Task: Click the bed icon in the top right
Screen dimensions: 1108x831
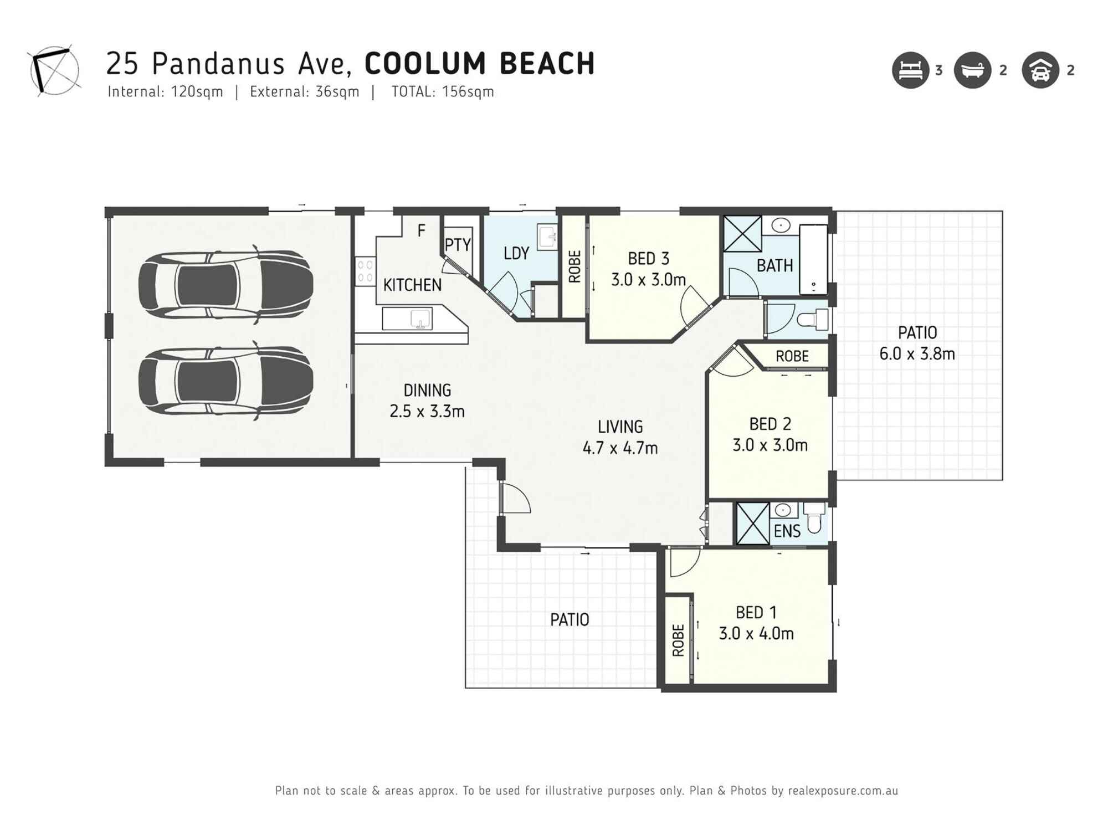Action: pyautogui.click(x=910, y=70)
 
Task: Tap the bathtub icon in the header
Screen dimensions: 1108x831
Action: pyautogui.click(x=972, y=70)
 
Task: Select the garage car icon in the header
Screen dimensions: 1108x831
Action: pyautogui.click(x=1040, y=70)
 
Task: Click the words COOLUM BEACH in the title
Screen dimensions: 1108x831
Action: pyautogui.click(x=480, y=64)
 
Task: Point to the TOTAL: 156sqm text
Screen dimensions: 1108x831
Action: pyautogui.click(x=443, y=92)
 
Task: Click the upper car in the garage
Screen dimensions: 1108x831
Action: pyautogui.click(x=225, y=285)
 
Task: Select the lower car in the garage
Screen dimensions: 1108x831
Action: pyautogui.click(x=225, y=381)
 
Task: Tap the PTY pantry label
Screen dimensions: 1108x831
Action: pyautogui.click(x=458, y=245)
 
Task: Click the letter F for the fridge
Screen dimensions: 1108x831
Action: pyautogui.click(x=421, y=231)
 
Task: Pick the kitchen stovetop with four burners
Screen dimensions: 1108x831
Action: pyautogui.click(x=365, y=271)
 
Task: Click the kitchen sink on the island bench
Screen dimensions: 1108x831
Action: pyautogui.click(x=420, y=319)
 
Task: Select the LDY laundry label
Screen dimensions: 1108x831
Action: pyautogui.click(x=516, y=254)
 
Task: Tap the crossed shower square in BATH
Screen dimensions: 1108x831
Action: pyautogui.click(x=742, y=234)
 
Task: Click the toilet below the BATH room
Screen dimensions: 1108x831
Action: pyautogui.click(x=813, y=320)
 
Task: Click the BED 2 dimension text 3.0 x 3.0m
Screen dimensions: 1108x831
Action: pyautogui.click(x=770, y=445)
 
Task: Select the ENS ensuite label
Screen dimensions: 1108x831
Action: pyautogui.click(x=787, y=531)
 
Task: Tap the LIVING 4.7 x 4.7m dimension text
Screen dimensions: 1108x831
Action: pyautogui.click(x=620, y=448)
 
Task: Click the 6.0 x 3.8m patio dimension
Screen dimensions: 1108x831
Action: pyautogui.click(x=917, y=354)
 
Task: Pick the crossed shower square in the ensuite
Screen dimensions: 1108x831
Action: pyautogui.click(x=752, y=524)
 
